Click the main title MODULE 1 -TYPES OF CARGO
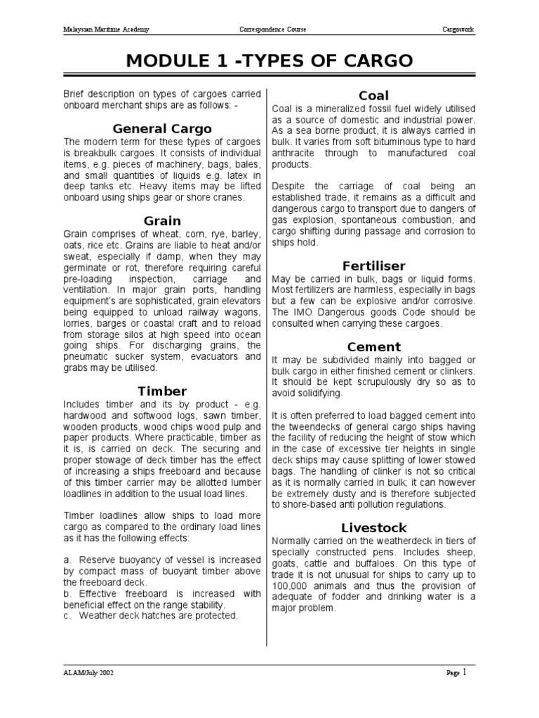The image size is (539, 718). (269, 62)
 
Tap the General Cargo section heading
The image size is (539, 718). (162, 128)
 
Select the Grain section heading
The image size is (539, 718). (162, 220)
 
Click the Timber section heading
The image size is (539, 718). (162, 391)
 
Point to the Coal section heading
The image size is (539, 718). (373, 95)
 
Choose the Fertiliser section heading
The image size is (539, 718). (373, 266)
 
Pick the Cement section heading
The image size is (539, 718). (373, 346)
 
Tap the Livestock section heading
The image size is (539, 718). (373, 527)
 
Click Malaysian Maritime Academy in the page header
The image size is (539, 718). (106, 30)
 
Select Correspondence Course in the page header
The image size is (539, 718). (273, 30)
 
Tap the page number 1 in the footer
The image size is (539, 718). (464, 672)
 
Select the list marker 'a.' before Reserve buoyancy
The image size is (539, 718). (67, 560)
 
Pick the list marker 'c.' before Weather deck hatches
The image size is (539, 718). (67, 616)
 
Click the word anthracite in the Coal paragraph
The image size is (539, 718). (295, 153)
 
